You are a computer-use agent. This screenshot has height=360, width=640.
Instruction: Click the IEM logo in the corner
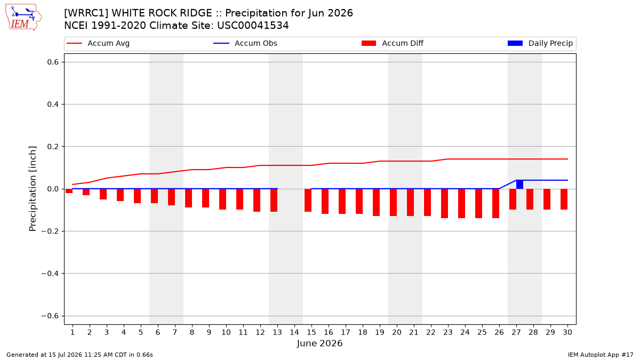(23, 18)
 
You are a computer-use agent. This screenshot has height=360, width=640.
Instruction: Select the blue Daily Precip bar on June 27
(519, 185)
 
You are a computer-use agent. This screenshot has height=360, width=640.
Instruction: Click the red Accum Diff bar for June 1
(69, 191)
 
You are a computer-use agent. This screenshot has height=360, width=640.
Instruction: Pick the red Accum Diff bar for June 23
(444, 203)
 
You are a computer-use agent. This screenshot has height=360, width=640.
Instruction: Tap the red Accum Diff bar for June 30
(564, 199)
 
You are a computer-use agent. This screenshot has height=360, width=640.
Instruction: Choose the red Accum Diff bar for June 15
(308, 201)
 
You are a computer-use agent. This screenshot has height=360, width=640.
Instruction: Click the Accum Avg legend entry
(98, 43)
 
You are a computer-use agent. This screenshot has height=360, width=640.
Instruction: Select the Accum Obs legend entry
(245, 43)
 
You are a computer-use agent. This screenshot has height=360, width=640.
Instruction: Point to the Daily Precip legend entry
(540, 43)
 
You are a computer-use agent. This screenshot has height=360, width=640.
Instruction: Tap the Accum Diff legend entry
(393, 43)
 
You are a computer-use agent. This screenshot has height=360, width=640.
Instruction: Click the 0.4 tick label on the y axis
(53, 105)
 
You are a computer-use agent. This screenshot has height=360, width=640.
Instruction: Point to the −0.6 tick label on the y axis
(50, 316)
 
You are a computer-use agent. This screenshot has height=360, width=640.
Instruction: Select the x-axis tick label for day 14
(294, 332)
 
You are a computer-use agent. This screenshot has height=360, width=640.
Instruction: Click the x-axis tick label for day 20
(397, 332)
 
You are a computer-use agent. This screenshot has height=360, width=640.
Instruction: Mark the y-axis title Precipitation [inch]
(33, 189)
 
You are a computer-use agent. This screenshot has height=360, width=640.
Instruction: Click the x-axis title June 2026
(319, 343)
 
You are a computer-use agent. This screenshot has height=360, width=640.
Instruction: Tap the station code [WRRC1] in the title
(86, 13)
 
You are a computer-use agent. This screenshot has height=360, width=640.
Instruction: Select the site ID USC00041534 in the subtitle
(253, 26)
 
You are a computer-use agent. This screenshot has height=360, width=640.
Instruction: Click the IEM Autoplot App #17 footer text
(601, 355)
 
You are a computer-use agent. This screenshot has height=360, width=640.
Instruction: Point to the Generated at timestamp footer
(79, 355)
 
